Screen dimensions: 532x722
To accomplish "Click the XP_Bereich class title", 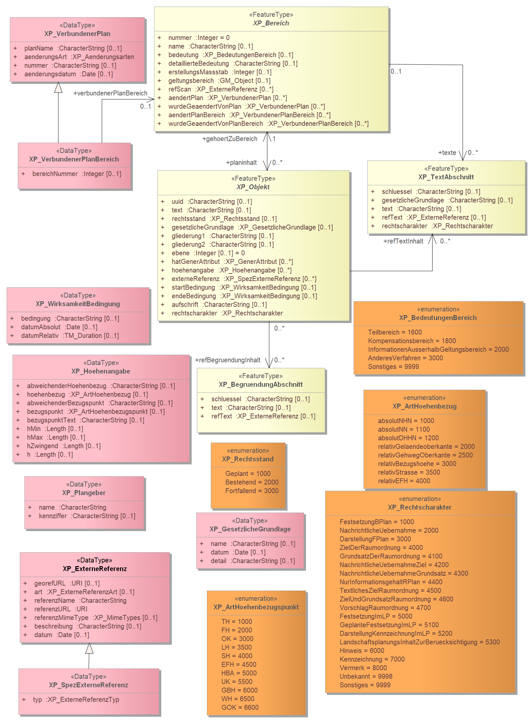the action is (271, 23).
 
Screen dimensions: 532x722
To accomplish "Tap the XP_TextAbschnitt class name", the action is (446, 177).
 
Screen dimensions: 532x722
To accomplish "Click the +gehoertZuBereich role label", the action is (230, 139).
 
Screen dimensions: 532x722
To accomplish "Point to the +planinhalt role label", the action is (241, 162).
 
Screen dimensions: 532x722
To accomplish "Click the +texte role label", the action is (447, 153).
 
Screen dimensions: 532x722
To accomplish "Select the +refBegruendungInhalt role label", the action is (228, 360).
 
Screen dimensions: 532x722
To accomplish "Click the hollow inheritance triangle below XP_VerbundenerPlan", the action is (58, 88).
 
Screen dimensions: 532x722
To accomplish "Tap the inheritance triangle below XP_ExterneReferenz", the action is (89, 648).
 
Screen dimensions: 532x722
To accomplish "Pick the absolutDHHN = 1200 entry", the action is (408, 438).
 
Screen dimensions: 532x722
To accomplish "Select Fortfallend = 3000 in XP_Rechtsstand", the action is (252, 491).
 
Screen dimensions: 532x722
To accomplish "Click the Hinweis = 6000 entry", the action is (362, 651).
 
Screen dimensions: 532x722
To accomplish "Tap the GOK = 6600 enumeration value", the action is (240, 707).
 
